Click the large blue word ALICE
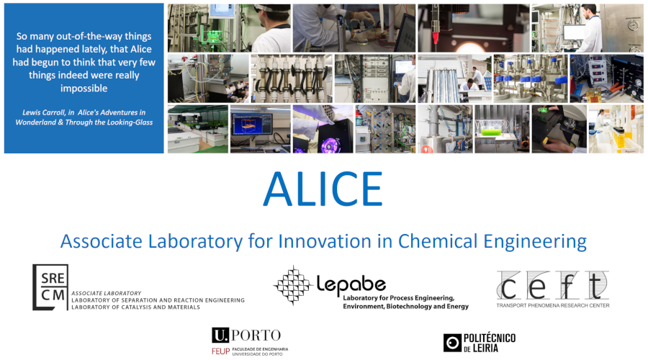(x=323, y=189)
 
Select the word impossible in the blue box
(x=84, y=89)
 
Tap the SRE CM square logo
(x=50, y=287)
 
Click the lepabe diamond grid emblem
(x=293, y=285)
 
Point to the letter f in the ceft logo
(x=568, y=285)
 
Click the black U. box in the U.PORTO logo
(x=220, y=336)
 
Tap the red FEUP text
(x=220, y=351)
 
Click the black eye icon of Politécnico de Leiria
(x=452, y=343)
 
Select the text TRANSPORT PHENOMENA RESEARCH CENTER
(x=553, y=305)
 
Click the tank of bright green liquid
(x=491, y=132)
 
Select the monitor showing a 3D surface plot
(x=252, y=125)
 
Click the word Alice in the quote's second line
(x=141, y=49)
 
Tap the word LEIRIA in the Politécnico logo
(x=485, y=348)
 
